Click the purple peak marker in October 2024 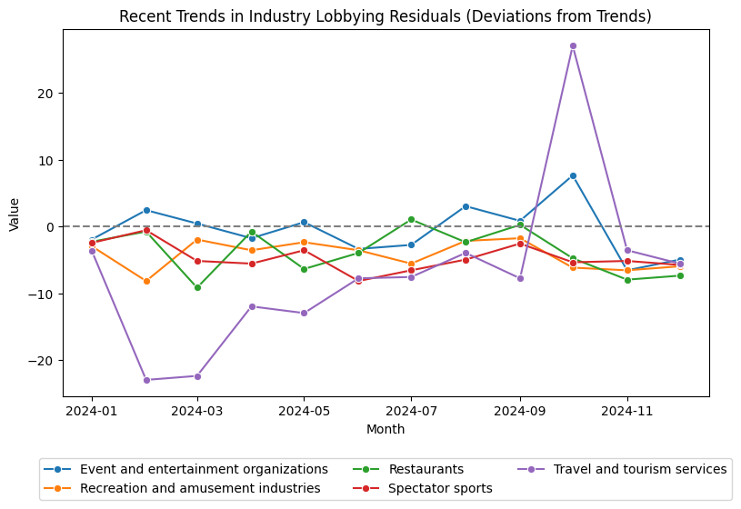tap(573, 45)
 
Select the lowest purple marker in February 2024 tap(146, 380)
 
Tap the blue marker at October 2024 tap(573, 175)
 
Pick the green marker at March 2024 tap(197, 287)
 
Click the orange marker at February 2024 tap(146, 281)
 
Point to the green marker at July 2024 tap(411, 219)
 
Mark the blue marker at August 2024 tap(466, 206)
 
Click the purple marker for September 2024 tap(520, 278)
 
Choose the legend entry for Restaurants tap(426, 469)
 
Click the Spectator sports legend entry tap(440, 488)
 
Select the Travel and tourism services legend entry tap(639, 469)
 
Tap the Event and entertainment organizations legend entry tap(204, 469)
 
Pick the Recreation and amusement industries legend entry tap(200, 488)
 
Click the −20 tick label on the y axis tap(40, 361)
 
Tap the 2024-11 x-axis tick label tap(626, 411)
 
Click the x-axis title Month tap(386, 429)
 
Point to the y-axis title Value tap(14, 214)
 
